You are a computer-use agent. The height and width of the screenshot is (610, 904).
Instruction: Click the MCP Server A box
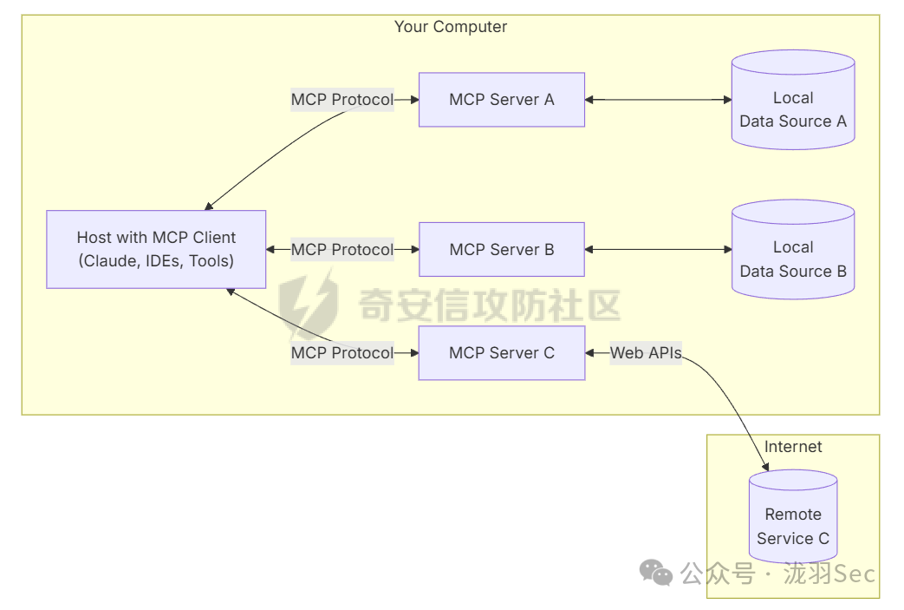501,100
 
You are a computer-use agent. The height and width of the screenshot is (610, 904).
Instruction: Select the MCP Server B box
501,250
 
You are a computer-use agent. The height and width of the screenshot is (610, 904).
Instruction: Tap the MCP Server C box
501,353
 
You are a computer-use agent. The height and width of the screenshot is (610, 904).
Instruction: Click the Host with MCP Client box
156,249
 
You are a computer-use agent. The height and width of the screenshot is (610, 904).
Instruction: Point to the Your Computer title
451,27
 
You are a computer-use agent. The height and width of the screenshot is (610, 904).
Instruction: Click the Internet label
793,447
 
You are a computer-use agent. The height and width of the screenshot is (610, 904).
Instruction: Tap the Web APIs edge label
646,353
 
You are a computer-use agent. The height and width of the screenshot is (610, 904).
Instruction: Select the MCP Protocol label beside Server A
341,100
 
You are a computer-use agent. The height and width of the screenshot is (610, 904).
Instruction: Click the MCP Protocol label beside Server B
341,250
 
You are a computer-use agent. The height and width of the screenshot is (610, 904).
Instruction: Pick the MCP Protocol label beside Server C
341,353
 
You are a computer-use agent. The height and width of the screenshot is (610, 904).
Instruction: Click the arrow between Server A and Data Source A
658,100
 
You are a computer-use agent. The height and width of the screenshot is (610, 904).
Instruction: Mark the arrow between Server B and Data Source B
658,250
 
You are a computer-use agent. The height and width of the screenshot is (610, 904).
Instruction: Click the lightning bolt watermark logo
310,304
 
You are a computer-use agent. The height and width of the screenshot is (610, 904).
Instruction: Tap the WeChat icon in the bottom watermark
655,572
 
